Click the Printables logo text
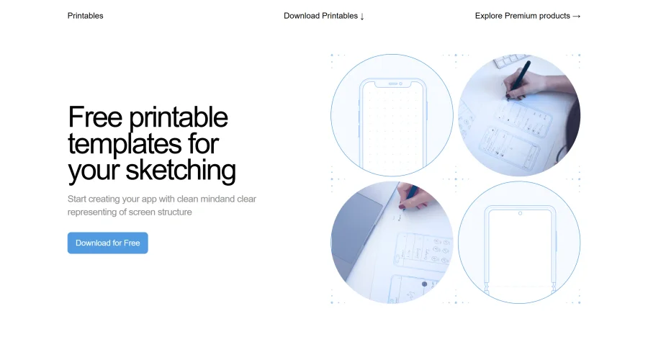[85, 16]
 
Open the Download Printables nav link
[320, 16]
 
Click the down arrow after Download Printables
[362, 16]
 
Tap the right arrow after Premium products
[576, 16]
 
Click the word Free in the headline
[95, 117]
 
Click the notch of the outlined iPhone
[392, 84]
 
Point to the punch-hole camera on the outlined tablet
[520, 213]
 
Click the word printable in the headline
[178, 117]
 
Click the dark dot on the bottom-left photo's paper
[424, 284]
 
